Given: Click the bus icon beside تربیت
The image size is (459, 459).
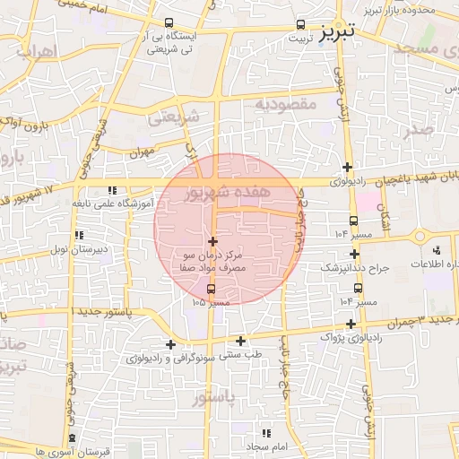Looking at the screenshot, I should (299, 25).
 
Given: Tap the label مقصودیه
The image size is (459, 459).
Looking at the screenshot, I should (286, 105).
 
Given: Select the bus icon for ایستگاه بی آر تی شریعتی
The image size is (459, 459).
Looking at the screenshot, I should (169, 23).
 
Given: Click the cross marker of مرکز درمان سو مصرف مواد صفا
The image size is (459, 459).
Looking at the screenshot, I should (212, 241).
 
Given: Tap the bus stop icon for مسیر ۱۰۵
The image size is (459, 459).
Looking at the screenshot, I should (212, 289).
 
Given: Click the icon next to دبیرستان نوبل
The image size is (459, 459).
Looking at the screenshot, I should (79, 234).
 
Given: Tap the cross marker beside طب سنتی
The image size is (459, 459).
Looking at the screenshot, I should (240, 340).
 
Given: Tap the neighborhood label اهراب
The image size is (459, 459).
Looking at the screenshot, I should (36, 52).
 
